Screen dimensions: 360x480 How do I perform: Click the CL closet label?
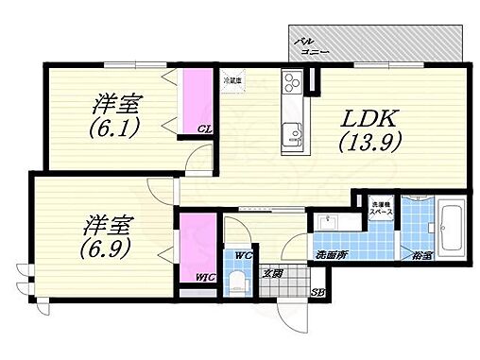pyautogui.click(x=203, y=130)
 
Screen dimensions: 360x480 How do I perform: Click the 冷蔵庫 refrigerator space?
pyautogui.click(x=232, y=82)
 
